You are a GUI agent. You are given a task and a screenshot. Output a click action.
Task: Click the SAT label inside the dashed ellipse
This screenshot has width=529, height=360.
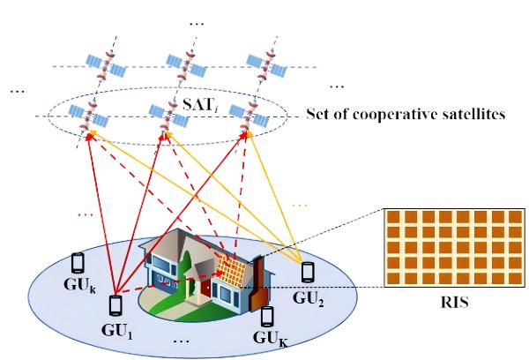point(200,105)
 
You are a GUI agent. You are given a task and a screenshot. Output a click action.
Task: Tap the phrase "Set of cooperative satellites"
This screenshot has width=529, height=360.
point(406,114)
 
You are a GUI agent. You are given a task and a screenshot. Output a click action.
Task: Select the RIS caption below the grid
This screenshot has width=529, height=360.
point(454,303)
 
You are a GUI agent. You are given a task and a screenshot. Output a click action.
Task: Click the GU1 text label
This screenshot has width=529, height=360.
point(117,331)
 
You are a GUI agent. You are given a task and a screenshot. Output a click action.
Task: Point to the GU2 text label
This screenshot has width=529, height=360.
point(308,299)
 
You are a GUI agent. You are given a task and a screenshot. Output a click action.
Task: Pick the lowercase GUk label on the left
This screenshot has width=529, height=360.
point(79,285)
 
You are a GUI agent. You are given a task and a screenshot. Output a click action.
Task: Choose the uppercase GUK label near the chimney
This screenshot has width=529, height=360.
point(271,338)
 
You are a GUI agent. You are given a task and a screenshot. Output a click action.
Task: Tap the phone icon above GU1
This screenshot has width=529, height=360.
point(115,305)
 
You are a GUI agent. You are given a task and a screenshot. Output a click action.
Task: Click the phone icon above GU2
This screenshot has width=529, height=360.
point(308,272)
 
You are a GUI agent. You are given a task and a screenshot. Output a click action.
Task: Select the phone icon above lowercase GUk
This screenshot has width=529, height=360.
point(78,263)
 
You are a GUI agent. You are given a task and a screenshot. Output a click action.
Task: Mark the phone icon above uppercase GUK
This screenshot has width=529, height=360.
point(267,317)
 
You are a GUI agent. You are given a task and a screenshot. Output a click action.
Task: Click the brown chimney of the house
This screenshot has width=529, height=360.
point(258,284)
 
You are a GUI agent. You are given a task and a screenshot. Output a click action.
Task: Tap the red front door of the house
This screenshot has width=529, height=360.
point(205,290)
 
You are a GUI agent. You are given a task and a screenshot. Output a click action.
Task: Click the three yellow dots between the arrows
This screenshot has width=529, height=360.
point(300,206)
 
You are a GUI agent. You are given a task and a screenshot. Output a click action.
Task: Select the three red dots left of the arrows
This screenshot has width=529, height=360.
point(86,214)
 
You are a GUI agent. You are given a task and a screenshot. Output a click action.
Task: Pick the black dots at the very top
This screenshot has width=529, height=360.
point(197,24)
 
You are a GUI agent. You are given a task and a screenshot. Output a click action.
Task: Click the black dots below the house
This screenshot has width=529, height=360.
point(181,341)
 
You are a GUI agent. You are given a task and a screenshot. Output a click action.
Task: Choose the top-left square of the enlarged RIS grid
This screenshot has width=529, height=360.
point(393,217)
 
